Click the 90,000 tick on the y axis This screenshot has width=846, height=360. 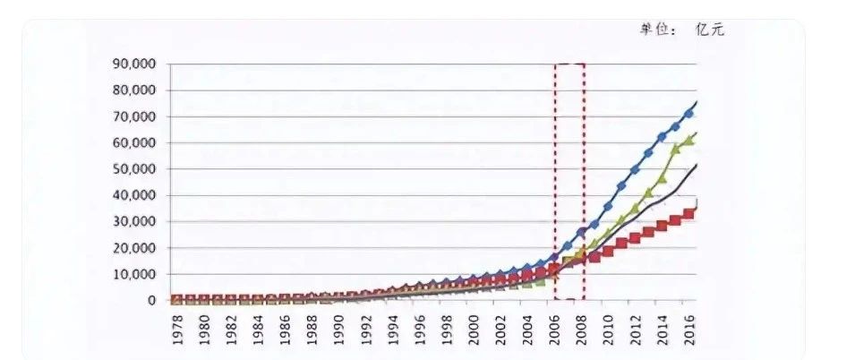coord(133,64)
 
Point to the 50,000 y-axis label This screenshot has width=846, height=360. coord(133,169)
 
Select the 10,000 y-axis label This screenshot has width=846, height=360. coord(133,274)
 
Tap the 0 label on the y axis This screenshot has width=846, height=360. coord(151,301)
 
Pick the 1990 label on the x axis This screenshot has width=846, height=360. coord(338,329)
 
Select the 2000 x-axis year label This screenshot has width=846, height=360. coord(473,329)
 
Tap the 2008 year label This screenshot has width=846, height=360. coord(580,329)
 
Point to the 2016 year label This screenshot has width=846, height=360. coord(688,329)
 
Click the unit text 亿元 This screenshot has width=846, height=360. coord(710,30)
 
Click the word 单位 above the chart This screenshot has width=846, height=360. coord(654,30)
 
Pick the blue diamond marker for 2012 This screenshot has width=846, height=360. coord(635,169)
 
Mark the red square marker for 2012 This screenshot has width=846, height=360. coord(635,237)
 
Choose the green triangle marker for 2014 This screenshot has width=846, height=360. coord(662,179)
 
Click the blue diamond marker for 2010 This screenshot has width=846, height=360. coord(608,207)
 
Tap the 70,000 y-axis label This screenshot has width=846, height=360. coord(133,117)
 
